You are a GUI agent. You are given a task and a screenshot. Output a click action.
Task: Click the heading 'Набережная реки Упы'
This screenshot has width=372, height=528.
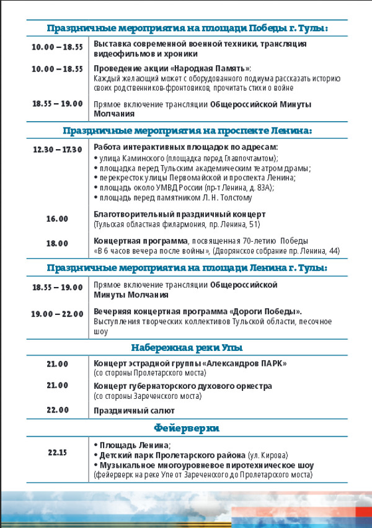pyautogui.click(x=187, y=347)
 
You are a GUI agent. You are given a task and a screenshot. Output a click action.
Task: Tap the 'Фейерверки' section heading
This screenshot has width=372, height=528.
pyautogui.click(x=187, y=428)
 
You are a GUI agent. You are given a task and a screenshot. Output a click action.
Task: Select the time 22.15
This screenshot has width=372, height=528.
pyautogui.click(x=57, y=452)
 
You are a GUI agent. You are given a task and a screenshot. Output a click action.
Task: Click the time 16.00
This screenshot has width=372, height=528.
pyautogui.click(x=57, y=219)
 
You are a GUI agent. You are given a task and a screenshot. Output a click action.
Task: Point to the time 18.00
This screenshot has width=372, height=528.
pyautogui.click(x=57, y=244)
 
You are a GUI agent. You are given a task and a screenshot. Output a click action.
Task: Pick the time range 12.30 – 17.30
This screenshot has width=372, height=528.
pyautogui.click(x=57, y=150)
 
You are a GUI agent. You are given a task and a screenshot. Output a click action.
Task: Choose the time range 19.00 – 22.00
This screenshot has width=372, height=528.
pyautogui.click(x=57, y=314)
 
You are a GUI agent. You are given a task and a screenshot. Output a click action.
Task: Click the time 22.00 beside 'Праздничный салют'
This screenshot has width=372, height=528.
pyautogui.click(x=57, y=410)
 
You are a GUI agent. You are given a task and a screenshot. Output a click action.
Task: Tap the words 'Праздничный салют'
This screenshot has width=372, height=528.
pyautogui.click(x=134, y=411)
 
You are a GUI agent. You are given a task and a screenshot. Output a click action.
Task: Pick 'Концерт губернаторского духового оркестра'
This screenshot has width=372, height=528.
pyautogui.click(x=182, y=386)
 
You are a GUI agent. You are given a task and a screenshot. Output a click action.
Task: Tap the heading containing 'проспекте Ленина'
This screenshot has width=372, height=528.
pyautogui.click(x=187, y=131)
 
